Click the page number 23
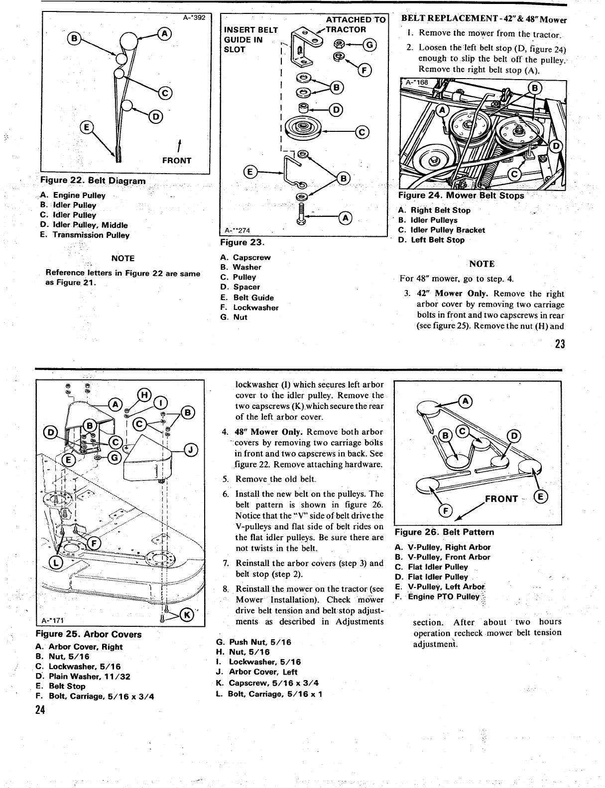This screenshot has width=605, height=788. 559,344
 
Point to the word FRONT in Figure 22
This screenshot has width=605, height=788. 176,160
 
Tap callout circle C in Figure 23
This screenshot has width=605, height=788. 362,132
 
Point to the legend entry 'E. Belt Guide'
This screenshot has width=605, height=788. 247,297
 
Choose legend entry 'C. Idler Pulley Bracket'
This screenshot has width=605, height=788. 442,230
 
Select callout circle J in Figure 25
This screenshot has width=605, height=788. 192,451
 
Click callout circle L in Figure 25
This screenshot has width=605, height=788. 56,563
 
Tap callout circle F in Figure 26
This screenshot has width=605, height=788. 444,511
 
